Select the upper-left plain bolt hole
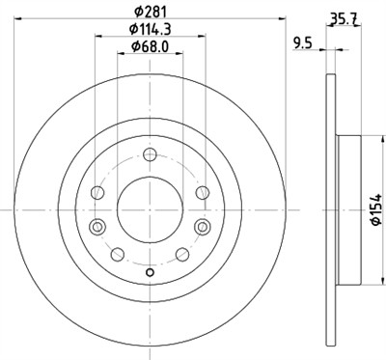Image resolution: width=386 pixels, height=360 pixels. (x=96, y=194)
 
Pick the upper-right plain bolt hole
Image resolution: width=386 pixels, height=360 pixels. (x=200, y=194)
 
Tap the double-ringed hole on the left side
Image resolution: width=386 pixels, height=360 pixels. (x=96, y=227)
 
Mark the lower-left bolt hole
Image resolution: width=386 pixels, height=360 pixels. (x=117, y=255)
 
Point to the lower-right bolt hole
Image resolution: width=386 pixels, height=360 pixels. (x=180, y=255)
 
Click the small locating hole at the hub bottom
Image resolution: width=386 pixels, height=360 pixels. (x=149, y=271)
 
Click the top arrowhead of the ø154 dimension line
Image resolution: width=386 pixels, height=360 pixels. (x=366, y=136)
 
